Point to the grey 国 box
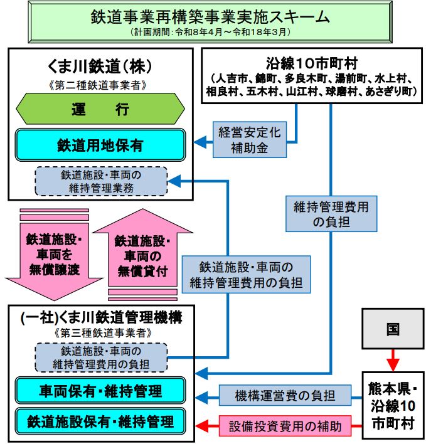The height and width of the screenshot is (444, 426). [x=392, y=328]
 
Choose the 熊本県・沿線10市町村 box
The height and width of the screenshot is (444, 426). [x=392, y=401]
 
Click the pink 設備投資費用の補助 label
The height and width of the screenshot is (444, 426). [x=289, y=426]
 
